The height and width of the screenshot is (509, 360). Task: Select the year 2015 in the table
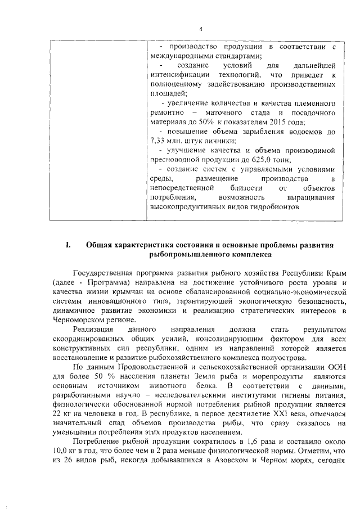(283, 122)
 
